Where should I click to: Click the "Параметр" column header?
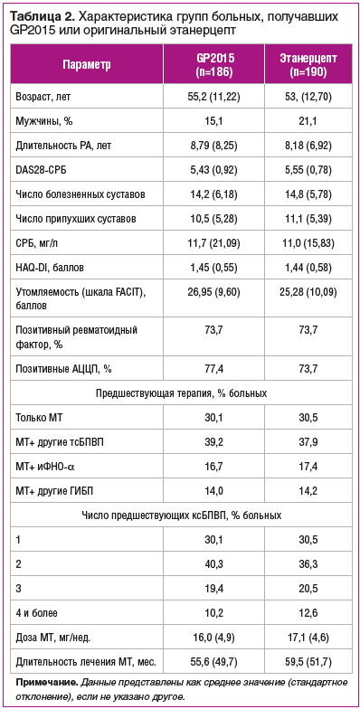(88, 65)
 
